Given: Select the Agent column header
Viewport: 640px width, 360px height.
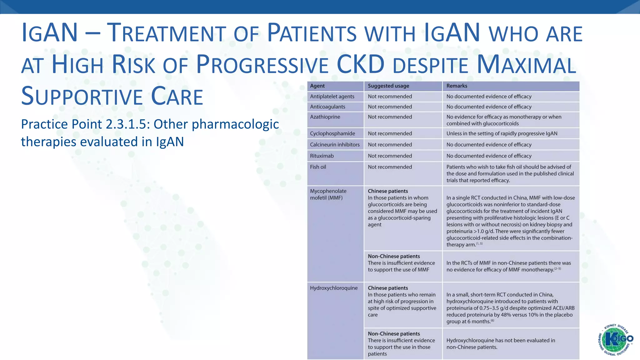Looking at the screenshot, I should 317,86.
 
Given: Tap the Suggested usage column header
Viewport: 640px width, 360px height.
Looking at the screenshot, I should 388,86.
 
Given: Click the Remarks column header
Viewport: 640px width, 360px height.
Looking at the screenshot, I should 457,86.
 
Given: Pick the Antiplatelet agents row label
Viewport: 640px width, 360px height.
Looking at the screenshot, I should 332,97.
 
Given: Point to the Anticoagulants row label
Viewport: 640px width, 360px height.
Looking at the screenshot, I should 327,107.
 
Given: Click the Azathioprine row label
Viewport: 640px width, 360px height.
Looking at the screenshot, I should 325,117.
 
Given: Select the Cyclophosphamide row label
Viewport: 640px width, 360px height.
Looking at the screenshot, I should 332,134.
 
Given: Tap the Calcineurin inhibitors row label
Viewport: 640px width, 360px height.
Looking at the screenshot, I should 335,145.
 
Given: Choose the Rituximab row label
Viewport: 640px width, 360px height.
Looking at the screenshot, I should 322,156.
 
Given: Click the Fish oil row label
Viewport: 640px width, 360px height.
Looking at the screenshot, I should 318,167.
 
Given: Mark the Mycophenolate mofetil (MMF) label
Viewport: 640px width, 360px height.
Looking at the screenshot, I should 328,194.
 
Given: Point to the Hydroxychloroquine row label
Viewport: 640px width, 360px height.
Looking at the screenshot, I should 333,288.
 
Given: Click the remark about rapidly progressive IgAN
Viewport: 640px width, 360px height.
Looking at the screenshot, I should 502,134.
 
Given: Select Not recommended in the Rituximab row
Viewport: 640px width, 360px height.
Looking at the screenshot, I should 390,156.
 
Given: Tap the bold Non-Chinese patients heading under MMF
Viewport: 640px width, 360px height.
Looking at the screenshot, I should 394,256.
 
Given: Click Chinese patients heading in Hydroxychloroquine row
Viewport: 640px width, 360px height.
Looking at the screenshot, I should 388,288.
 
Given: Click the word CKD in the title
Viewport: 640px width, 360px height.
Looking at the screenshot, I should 360,64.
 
